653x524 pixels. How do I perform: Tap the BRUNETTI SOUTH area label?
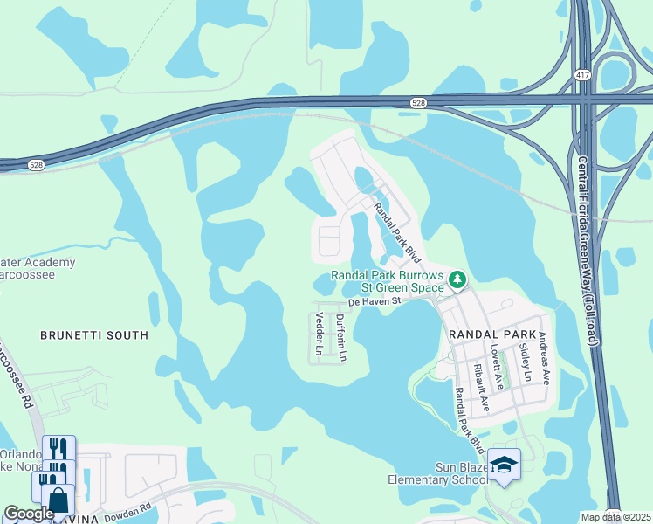tap(94, 335)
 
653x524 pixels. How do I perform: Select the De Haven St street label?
tap(374, 301)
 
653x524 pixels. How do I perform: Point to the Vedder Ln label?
tap(319, 334)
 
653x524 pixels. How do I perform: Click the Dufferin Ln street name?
tap(341, 338)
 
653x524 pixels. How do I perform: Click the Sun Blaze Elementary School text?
tap(439, 472)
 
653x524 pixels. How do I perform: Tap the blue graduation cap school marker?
tap(504, 463)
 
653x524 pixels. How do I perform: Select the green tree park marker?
tap(457, 279)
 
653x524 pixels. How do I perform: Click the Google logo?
tap(30, 514)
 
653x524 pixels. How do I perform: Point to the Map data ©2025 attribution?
tap(615, 517)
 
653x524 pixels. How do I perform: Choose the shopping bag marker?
tap(58, 500)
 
